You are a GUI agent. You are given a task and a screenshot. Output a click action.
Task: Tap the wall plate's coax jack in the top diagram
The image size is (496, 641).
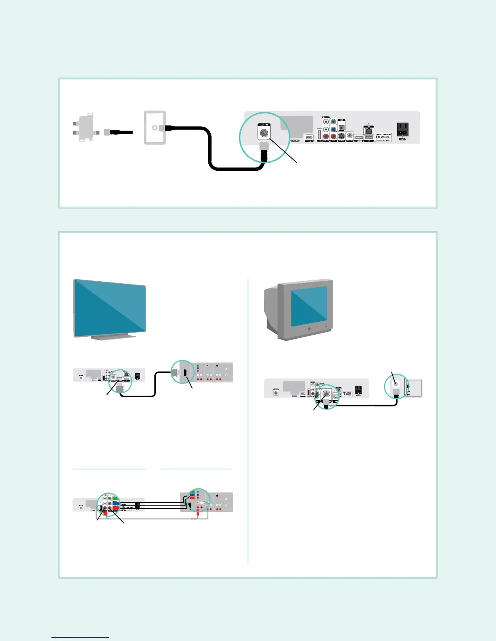click(154, 127)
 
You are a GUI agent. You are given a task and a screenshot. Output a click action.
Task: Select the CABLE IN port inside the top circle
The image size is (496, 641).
click(264, 132)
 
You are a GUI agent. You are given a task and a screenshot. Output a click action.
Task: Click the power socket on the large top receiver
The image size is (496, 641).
click(402, 129)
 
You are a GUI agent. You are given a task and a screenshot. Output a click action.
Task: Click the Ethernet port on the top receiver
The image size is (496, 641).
click(368, 130)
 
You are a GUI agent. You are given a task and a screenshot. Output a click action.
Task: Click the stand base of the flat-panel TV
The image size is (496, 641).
click(109, 337)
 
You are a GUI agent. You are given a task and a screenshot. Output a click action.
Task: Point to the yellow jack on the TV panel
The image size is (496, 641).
click(207, 366)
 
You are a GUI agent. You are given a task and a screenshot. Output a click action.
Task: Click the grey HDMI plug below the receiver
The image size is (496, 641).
click(120, 388)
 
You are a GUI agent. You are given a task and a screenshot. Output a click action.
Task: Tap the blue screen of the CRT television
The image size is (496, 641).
click(309, 307)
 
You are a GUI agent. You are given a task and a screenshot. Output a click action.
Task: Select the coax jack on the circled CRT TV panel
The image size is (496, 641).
click(396, 382)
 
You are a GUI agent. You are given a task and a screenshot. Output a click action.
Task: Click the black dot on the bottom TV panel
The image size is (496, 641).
click(217, 496)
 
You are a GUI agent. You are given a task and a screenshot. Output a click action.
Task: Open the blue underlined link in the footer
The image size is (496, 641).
click(80, 637)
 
